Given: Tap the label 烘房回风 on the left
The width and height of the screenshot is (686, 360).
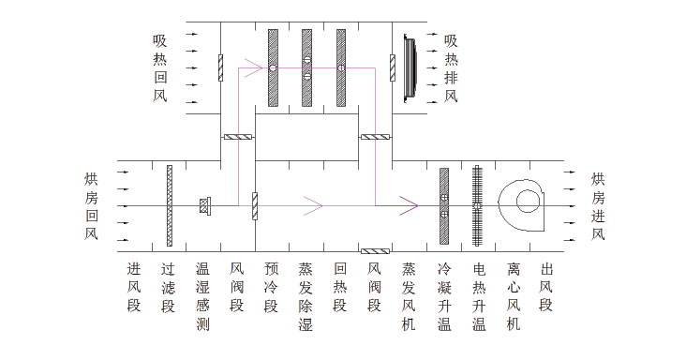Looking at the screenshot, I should click(90, 206).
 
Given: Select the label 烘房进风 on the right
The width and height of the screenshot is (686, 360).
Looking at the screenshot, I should click(599, 206).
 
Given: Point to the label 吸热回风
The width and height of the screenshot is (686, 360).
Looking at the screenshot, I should click(160, 68).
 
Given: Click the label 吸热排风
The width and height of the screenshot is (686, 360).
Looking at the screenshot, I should click(451, 68).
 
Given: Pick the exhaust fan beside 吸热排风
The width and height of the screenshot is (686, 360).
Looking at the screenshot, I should click(410, 67).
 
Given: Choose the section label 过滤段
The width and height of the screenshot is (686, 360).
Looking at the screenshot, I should click(169, 287).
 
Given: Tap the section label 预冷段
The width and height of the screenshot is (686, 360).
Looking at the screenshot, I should click(271, 287).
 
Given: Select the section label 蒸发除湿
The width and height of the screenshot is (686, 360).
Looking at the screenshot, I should click(306, 296).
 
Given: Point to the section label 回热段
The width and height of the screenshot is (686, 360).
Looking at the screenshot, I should click(339, 287).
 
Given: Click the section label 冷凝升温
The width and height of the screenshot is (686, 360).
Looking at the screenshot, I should click(444, 296).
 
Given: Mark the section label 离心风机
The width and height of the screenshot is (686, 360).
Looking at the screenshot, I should click(513, 296).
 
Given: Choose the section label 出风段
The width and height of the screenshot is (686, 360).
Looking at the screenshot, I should click(546, 287).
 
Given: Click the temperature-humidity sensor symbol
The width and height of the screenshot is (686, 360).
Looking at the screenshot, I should click(205, 204).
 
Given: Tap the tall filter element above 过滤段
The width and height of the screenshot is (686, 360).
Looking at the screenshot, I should click(169, 204).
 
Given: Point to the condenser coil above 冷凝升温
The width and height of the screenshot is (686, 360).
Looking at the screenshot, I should click(444, 204).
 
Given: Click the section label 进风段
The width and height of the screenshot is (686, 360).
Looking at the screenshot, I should click(134, 287).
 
